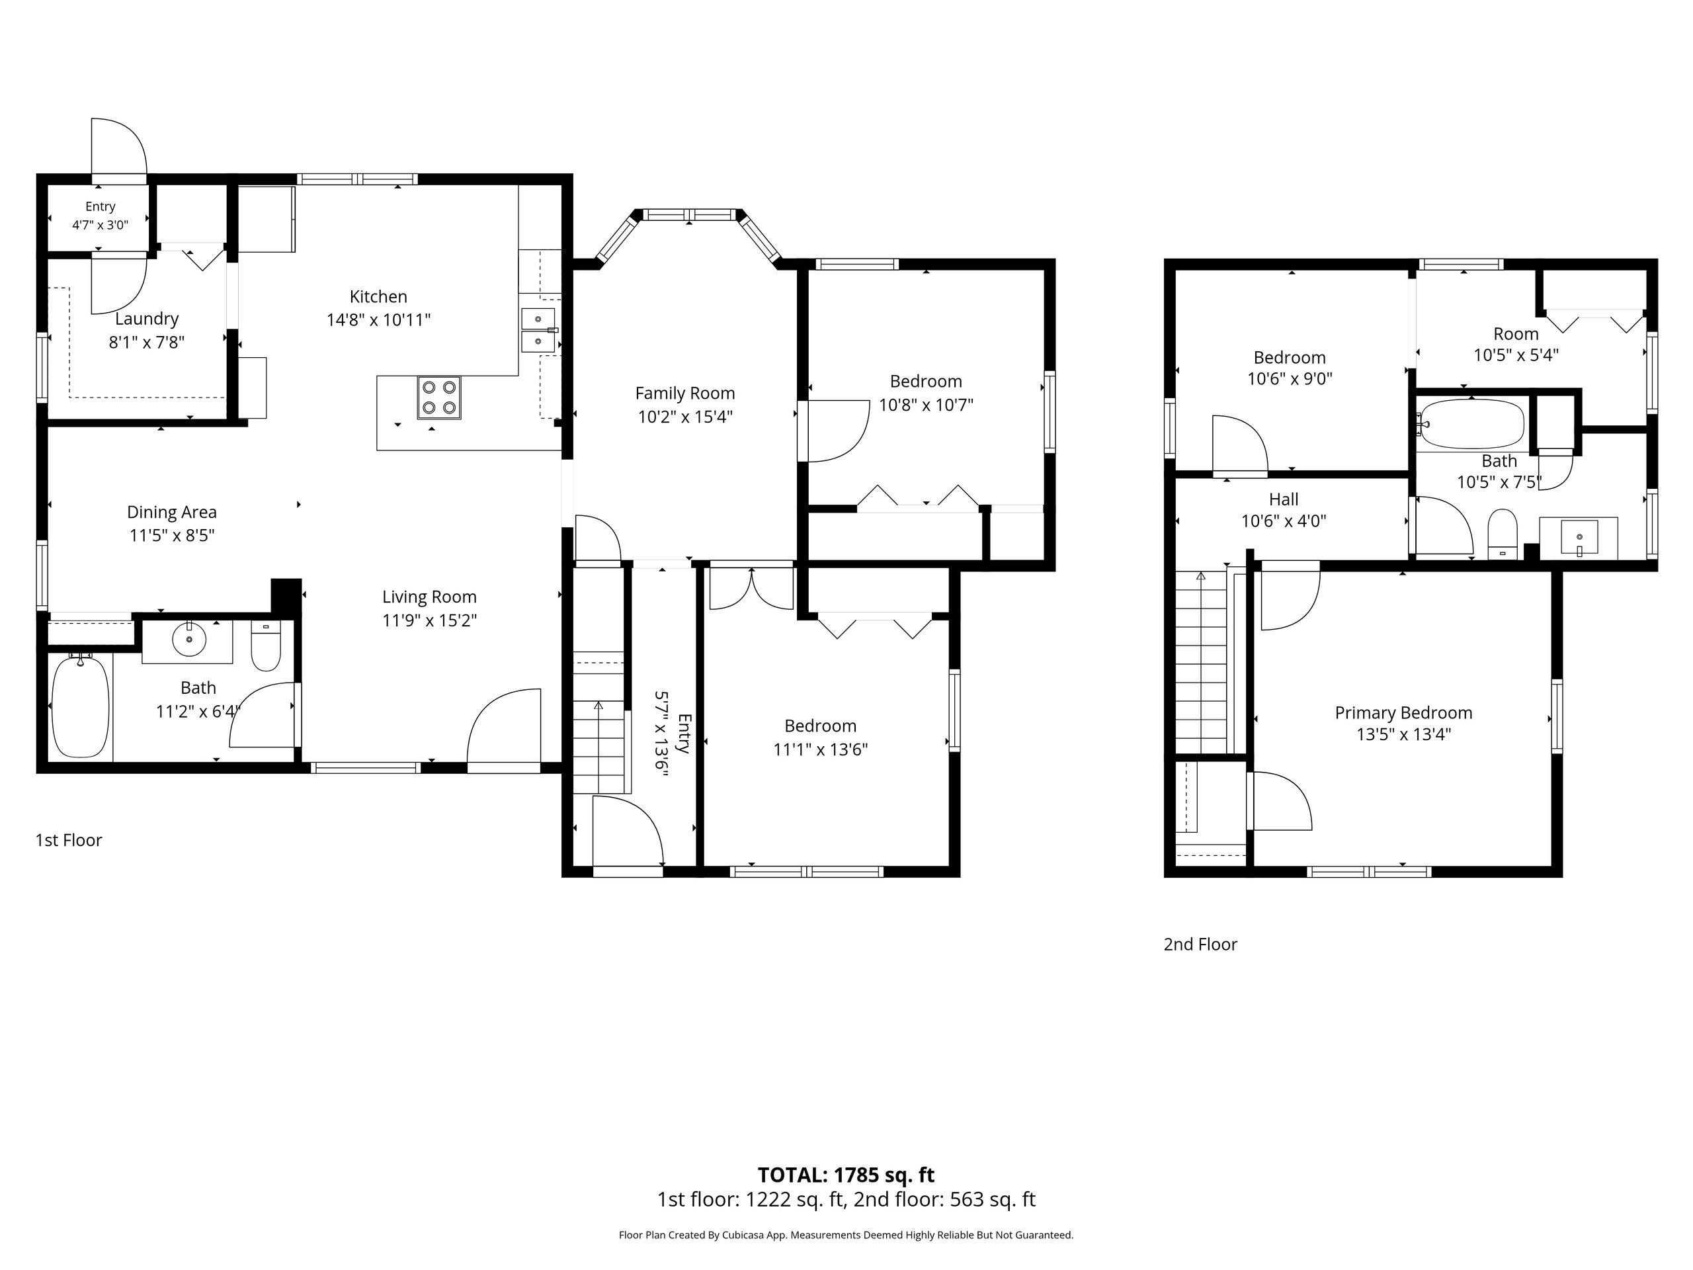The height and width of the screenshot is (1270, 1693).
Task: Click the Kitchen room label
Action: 378,296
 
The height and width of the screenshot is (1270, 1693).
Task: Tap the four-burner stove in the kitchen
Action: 439,398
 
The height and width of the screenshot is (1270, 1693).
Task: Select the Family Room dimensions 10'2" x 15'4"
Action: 685,417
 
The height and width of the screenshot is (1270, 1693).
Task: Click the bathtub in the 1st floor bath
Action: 79,704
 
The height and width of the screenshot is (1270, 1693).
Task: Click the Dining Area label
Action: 171,512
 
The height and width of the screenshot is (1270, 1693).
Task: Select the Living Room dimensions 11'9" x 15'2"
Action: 429,620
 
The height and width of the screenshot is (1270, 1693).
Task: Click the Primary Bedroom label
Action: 1404,712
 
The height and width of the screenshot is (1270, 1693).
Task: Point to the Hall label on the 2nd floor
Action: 1284,499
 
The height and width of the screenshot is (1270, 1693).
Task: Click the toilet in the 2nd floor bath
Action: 1503,534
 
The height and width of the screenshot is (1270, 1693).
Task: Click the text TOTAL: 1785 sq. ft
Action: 846,1174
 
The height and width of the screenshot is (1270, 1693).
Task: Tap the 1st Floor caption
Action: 68,840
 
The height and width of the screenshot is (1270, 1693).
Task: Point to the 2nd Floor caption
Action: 1200,944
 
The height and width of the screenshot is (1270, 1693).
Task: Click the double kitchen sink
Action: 538,330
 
